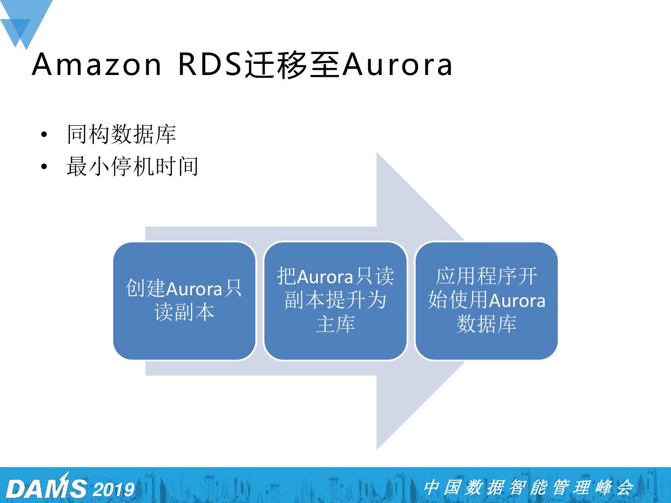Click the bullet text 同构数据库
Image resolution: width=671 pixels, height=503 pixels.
(121, 134)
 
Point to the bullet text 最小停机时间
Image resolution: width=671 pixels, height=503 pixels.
(132, 166)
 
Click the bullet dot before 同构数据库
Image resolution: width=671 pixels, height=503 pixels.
(44, 135)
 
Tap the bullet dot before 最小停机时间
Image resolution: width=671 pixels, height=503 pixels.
(44, 167)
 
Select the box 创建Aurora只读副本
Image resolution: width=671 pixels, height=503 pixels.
(185, 301)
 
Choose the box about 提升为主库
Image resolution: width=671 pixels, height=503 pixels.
(335, 301)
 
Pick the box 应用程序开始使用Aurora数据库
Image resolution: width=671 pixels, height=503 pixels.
(486, 301)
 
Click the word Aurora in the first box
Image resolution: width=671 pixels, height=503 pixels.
(194, 289)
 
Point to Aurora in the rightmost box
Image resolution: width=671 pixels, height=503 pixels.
(517, 300)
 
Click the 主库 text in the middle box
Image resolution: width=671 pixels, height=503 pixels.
(335, 324)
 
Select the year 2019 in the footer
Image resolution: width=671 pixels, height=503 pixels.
(114, 489)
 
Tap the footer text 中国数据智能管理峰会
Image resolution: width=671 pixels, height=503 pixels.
(528, 487)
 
